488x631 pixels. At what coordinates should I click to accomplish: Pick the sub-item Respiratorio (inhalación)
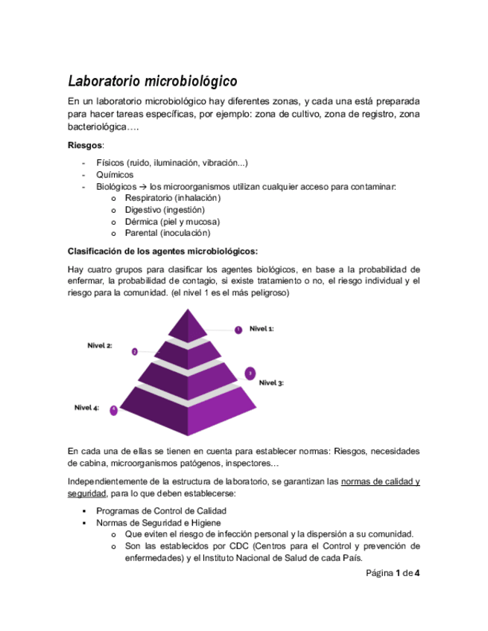click(173, 198)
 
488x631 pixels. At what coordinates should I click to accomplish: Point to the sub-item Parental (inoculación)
click(167, 234)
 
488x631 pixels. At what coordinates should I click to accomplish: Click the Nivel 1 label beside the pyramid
click(262, 327)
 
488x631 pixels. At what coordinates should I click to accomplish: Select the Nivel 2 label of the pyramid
click(100, 345)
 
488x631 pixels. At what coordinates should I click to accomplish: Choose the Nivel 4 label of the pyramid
click(86, 407)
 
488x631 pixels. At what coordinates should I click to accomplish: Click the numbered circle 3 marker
click(250, 373)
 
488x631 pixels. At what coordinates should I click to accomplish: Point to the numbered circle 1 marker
click(238, 329)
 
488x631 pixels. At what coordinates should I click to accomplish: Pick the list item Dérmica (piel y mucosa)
click(172, 222)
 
